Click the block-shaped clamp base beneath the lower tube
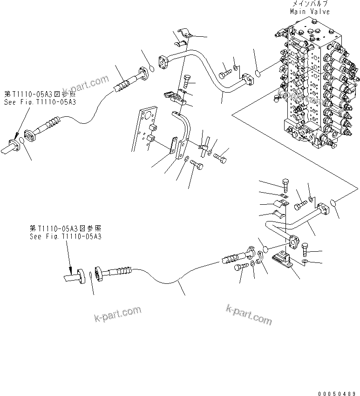(x=283, y=259)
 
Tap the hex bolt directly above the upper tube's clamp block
(x=188, y=80)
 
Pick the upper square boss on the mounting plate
(x=151, y=127)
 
